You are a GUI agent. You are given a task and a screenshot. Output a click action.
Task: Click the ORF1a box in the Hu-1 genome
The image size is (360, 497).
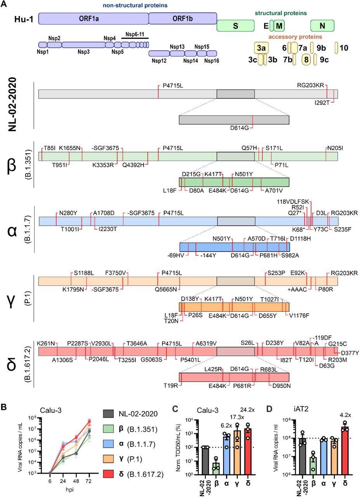pos(93,19)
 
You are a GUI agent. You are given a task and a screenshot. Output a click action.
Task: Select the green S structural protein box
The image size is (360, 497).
pos(235,26)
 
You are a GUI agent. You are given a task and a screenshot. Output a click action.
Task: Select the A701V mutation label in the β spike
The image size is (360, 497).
pos(274,190)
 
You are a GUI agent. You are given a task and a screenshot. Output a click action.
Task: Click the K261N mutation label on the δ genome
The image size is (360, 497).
pos(46,343)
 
